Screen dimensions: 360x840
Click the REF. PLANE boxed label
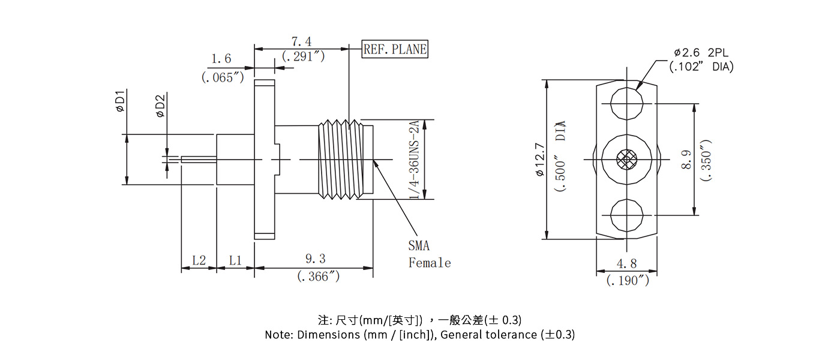(395, 50)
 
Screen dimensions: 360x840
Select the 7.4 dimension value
(301, 41)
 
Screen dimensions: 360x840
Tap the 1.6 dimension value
(221, 59)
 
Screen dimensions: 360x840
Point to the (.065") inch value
(223, 77)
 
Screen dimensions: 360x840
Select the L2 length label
(199, 260)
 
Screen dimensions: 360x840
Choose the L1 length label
(235, 260)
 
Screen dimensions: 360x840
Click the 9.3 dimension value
(315, 259)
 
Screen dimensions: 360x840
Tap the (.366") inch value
(319, 277)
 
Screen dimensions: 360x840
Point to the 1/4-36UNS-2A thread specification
(414, 160)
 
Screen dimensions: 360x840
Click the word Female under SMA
(430, 263)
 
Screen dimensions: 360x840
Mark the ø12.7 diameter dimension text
(539, 160)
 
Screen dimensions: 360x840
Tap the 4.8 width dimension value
(626, 263)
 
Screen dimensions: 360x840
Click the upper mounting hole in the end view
(626, 106)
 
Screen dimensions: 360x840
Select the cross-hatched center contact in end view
(626, 160)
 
